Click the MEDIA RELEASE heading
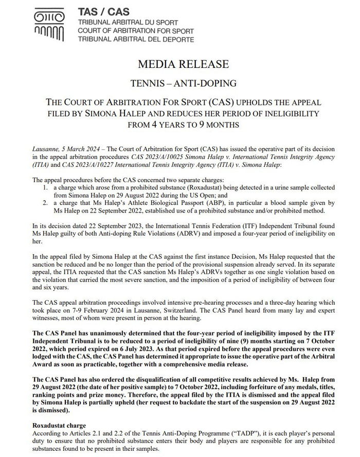tap(183, 64)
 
